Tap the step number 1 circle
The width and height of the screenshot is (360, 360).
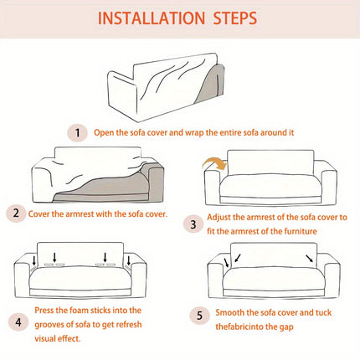coord(77,131)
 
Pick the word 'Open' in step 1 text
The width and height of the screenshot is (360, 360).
coord(105,131)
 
